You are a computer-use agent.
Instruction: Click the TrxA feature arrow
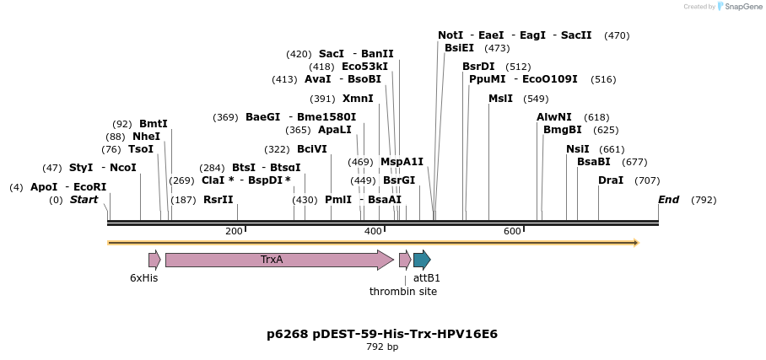(278, 260)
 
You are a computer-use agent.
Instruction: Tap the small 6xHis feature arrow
(154, 260)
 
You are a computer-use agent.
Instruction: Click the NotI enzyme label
(450, 35)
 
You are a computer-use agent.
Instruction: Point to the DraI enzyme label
(611, 180)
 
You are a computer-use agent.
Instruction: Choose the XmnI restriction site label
(358, 99)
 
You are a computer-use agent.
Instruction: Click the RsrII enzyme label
(218, 200)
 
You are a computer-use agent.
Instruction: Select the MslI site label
(500, 99)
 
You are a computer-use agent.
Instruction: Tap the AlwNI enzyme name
(554, 117)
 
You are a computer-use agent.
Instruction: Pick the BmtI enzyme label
(154, 124)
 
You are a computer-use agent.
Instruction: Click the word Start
(84, 200)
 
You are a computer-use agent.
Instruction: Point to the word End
(668, 200)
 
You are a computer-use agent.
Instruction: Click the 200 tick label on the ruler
(234, 231)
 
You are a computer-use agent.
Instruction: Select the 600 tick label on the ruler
(512, 231)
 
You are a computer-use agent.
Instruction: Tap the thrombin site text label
(403, 292)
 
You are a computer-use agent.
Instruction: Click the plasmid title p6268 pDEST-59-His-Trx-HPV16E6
(382, 334)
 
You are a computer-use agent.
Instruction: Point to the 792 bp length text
(382, 347)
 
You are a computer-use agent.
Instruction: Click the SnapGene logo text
(740, 7)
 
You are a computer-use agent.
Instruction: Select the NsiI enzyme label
(578, 149)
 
